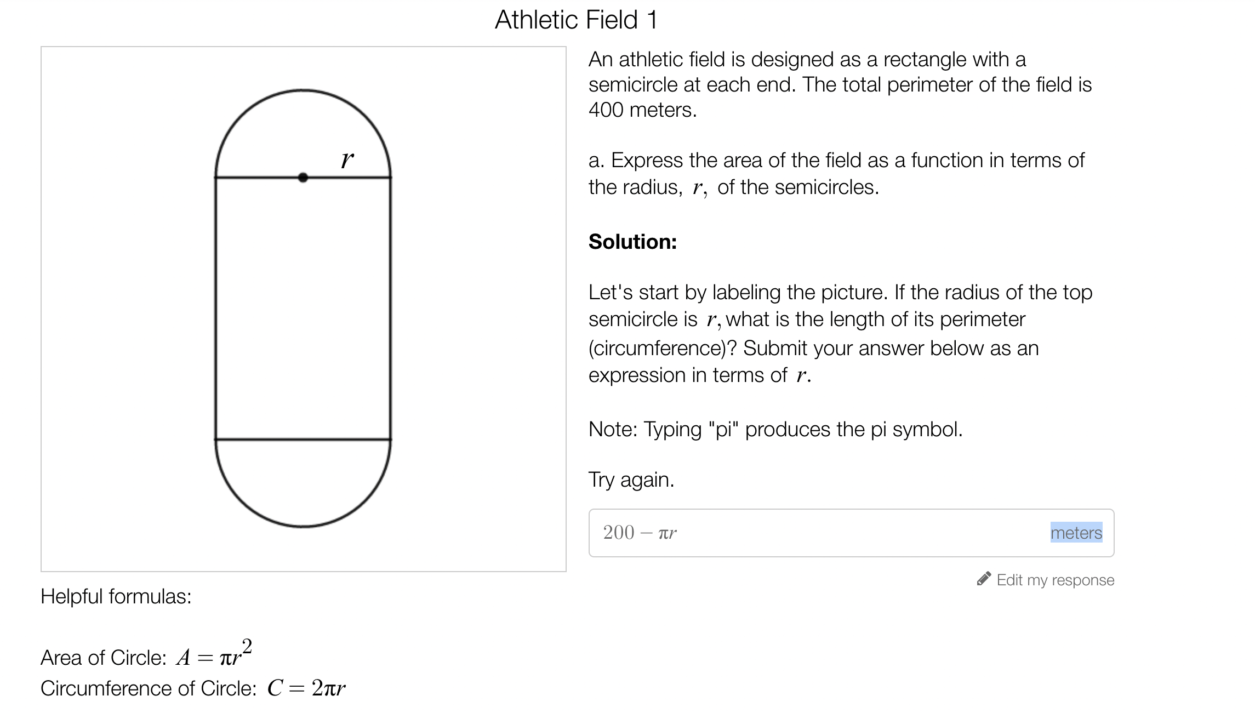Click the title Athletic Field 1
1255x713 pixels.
click(x=575, y=20)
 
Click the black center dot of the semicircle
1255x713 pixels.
click(x=303, y=178)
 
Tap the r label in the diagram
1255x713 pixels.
click(x=347, y=160)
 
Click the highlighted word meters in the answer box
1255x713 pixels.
click(x=1076, y=533)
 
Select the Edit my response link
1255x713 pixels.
click(x=1055, y=580)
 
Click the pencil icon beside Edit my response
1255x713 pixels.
click(x=984, y=579)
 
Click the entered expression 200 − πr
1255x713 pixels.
click(x=640, y=533)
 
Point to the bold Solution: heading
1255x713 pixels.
click(x=632, y=242)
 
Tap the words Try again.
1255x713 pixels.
click(x=631, y=480)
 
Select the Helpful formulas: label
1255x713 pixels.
click(x=116, y=596)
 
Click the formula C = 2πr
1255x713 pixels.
click(x=306, y=688)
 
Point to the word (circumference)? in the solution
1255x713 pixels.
click(x=663, y=348)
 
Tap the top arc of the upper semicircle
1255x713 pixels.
click(x=303, y=90)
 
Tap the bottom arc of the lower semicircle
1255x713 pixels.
click(x=303, y=526)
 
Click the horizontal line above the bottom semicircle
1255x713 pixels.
click(x=303, y=440)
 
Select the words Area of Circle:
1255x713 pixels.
click(x=103, y=658)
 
